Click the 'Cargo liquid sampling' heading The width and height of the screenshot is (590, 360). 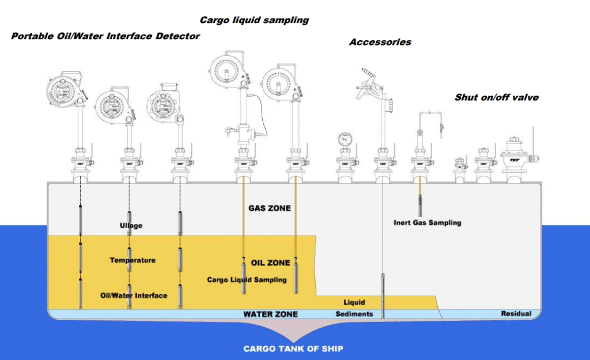pyautogui.click(x=254, y=20)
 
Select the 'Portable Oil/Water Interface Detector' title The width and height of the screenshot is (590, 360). pyautogui.click(x=105, y=36)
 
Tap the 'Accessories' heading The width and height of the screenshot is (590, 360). pyautogui.click(x=380, y=42)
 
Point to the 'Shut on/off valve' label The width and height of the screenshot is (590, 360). pyautogui.click(x=497, y=97)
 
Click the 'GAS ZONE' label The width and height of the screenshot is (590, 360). pyautogui.click(x=269, y=209)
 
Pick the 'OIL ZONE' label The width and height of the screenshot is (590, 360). pyautogui.click(x=270, y=263)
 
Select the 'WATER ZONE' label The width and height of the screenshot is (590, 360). pyautogui.click(x=270, y=314)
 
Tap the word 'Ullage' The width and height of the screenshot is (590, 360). pyautogui.click(x=131, y=226)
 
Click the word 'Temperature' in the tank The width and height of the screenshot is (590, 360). pyautogui.click(x=133, y=260)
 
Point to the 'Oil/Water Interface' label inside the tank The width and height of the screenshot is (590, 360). pyautogui.click(x=134, y=295)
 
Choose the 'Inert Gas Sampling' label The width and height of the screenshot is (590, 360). pyautogui.click(x=428, y=222)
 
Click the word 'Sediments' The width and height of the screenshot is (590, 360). pyautogui.click(x=354, y=314)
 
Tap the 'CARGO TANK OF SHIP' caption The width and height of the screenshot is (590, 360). pyautogui.click(x=293, y=348)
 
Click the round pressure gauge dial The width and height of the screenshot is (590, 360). pyautogui.click(x=345, y=139)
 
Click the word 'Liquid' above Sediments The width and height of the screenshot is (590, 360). pyautogui.click(x=354, y=302)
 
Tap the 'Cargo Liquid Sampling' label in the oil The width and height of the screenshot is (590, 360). pyautogui.click(x=247, y=280)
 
